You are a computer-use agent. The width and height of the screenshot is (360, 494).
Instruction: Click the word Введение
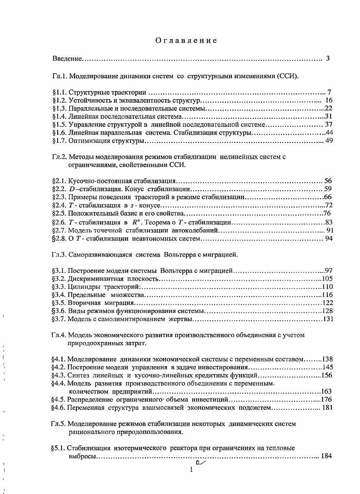point(67,59)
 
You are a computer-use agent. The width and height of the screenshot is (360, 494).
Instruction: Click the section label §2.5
point(60,213)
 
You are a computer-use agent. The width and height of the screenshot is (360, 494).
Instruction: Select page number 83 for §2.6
point(330,222)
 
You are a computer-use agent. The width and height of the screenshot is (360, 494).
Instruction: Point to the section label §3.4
point(60,295)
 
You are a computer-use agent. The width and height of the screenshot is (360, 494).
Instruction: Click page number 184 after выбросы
point(327,456)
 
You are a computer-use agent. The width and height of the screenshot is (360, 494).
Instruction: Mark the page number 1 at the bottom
point(192,470)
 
